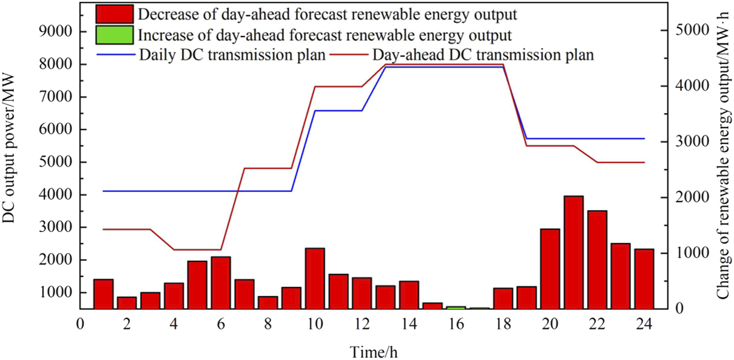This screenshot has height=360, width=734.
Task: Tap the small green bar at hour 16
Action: pos(456,308)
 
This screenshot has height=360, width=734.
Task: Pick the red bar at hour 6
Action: pos(221,283)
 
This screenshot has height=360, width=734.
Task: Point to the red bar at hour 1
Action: pos(103,294)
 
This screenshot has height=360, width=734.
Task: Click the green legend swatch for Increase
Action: pos(115,35)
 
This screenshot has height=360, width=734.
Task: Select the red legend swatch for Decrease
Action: pos(115,13)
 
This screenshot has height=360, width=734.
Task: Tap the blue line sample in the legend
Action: pos(115,55)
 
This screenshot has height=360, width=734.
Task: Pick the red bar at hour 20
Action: pos(550,269)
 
